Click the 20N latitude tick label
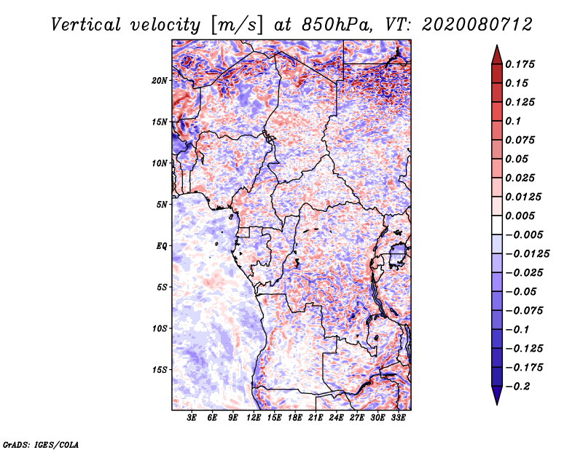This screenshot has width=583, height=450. click(x=160, y=80)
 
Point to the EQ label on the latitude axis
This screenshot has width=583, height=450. click(x=162, y=245)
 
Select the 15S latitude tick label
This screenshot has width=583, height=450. click(x=160, y=370)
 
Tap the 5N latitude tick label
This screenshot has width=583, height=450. click(x=162, y=205)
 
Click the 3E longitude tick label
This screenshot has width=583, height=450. click(x=192, y=419)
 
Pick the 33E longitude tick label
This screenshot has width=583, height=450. click(x=398, y=419)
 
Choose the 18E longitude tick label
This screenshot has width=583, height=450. click(x=295, y=419)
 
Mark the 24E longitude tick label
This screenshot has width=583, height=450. click(x=336, y=419)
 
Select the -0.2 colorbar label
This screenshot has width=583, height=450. click(x=519, y=386)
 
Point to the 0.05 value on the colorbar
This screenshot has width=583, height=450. click(x=517, y=159)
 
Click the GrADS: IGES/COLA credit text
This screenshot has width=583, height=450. click(x=40, y=443)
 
